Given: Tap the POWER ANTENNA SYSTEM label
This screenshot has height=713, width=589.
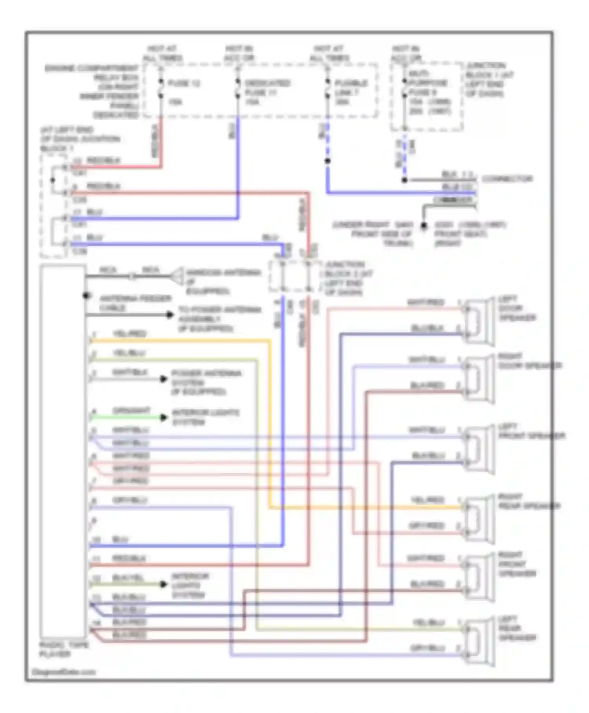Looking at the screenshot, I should (x=206, y=382).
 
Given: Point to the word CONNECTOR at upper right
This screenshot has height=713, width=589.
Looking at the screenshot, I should (x=507, y=179).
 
